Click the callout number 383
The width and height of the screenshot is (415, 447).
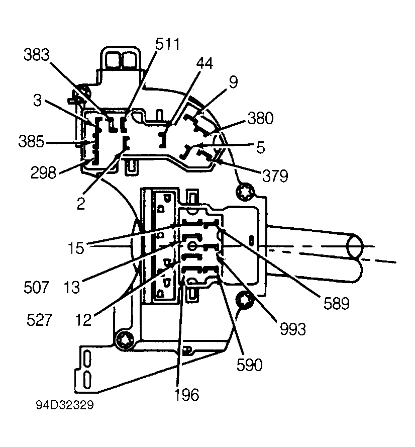37,54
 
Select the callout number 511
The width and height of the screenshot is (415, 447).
167,44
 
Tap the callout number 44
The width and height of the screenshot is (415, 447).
204,63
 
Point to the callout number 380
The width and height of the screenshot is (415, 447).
261,118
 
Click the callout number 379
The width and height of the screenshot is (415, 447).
275,175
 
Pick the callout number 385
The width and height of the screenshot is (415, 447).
31,141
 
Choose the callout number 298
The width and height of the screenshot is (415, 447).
44,172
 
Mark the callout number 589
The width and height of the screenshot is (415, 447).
337,303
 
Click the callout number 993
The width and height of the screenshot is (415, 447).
293,329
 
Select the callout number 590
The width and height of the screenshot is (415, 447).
250,365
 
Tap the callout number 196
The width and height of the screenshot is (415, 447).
186,395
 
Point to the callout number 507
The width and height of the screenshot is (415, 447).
37,287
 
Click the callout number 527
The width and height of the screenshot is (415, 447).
40,320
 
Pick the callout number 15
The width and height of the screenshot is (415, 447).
76,248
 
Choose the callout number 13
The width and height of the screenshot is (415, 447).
71,287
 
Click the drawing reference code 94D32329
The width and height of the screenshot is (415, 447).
65,405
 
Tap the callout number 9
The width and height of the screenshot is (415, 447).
233,82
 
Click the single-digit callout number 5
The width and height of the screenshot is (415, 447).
261,147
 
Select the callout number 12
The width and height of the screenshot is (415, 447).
83,320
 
